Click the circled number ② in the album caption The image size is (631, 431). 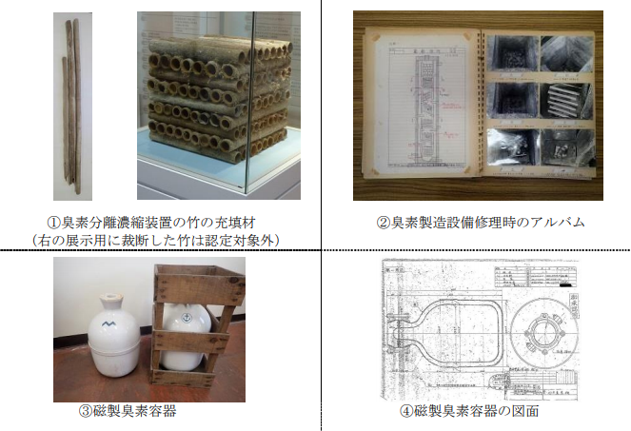coord(382,223)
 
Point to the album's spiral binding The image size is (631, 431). coord(480,105)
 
